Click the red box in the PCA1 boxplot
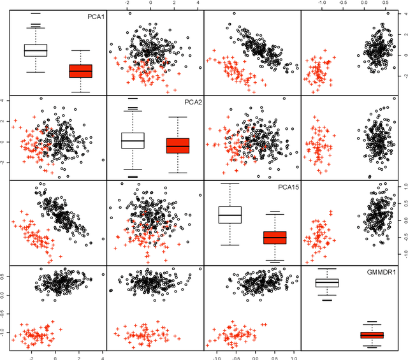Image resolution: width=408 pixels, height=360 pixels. [x=80, y=71]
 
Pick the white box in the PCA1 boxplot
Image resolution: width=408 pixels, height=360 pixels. [x=36, y=50]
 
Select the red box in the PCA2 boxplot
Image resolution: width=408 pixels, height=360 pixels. [x=178, y=146]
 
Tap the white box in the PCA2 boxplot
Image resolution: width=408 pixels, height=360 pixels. [x=133, y=140]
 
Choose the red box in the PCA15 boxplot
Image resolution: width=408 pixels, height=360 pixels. [x=275, y=238]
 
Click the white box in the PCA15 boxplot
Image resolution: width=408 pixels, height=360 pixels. [x=229, y=215]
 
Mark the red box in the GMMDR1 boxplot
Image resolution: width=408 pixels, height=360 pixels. [x=372, y=335]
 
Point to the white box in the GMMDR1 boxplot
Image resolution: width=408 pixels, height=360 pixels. [x=327, y=283]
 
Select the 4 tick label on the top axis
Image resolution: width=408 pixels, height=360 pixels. [x=198, y=3]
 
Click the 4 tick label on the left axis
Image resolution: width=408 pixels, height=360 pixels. [x=4, y=101]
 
